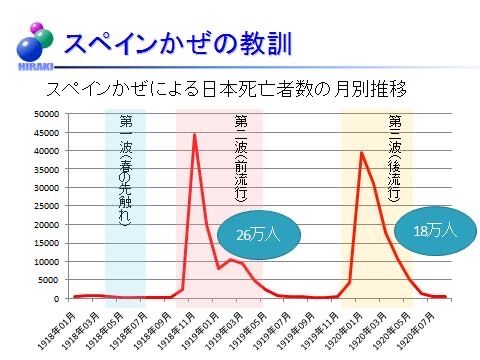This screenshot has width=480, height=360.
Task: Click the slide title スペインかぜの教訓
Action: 177,43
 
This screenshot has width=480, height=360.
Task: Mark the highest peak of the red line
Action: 194,134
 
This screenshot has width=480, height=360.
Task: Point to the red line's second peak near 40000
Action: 362,152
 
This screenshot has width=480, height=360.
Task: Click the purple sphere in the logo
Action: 34,28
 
